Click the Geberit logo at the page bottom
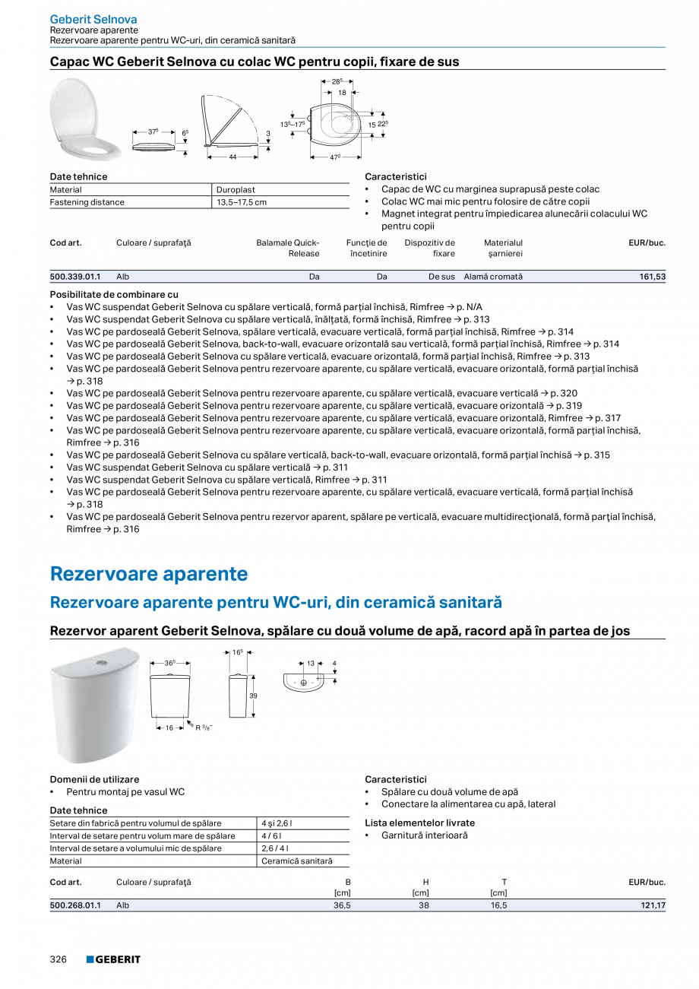[113, 959]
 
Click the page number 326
[59, 959]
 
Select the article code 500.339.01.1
[75, 277]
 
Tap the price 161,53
[652, 277]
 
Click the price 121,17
[652, 905]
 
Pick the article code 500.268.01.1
[75, 905]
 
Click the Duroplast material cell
[236, 190]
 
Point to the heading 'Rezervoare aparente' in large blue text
[149, 573]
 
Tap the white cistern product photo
[95, 704]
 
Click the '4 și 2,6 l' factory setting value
[277, 823]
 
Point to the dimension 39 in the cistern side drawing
[253, 696]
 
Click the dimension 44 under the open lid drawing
[233, 157]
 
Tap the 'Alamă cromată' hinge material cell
[493, 277]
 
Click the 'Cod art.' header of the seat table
[65, 242]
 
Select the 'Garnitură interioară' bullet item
[424, 835]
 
